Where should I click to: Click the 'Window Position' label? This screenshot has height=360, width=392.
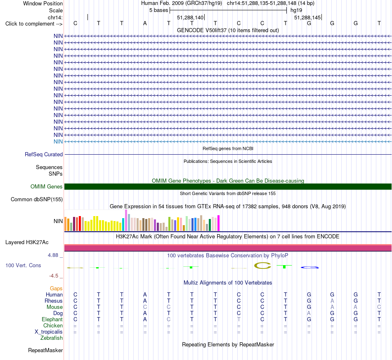click(43, 3)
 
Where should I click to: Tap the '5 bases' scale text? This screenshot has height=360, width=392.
click(158, 10)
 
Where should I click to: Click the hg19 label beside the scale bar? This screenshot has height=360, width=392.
click(296, 10)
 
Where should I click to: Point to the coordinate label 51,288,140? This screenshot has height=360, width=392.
click(190, 17)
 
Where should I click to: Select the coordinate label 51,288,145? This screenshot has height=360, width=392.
click(307, 17)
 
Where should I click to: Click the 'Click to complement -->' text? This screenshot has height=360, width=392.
click(34, 24)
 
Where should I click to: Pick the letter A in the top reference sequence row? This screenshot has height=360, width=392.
click(145, 24)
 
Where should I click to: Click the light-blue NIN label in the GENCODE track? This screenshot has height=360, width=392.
click(58, 142)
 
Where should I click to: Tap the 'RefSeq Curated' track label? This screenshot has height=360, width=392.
click(43, 154)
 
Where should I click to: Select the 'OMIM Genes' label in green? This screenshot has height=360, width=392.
click(46, 187)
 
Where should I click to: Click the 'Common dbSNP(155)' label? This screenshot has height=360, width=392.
click(36, 199)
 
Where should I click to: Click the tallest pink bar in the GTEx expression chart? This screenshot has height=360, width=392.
click(126, 220)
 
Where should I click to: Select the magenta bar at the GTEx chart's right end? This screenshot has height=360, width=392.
click(219, 223)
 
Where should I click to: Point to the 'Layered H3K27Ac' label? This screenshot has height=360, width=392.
click(27, 242)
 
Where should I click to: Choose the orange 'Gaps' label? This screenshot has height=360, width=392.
click(56, 289)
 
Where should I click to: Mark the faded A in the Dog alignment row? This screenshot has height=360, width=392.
click(309, 313)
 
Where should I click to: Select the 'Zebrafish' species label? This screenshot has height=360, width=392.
click(52, 338)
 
